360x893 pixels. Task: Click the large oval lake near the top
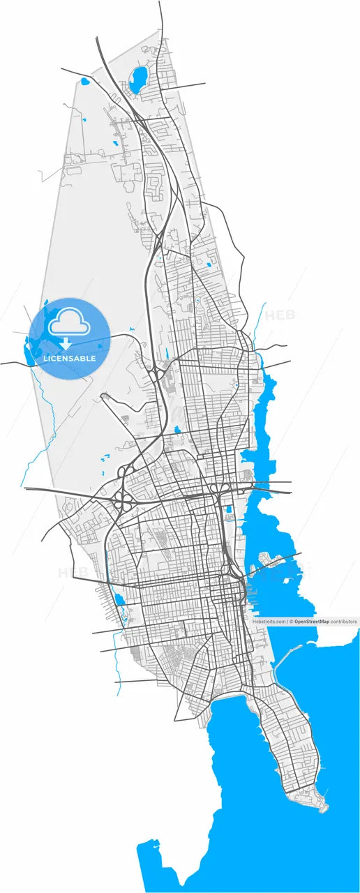(137, 78)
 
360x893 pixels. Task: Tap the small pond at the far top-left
(85, 82)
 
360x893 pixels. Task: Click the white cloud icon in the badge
(69, 323)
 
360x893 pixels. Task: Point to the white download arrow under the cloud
(66, 344)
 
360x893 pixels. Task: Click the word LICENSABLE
(70, 359)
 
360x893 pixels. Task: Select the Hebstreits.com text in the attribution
(269, 620)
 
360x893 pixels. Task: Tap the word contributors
(343, 620)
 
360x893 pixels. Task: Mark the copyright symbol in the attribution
(292, 620)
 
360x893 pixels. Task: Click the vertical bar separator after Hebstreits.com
(287, 620)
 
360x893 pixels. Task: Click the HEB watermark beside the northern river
(279, 315)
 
